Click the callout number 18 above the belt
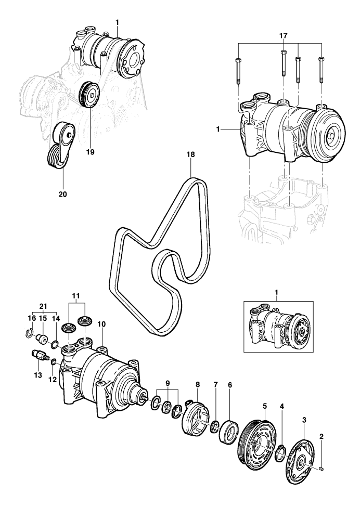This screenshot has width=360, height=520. click(x=191, y=154)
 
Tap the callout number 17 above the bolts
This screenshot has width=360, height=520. click(x=284, y=35)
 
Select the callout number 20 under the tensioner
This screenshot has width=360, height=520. click(x=62, y=194)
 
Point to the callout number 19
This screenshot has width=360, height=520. click(x=90, y=152)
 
